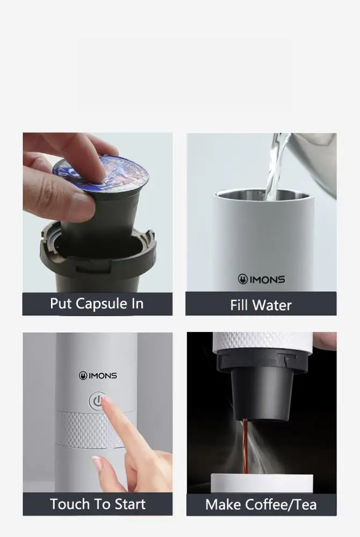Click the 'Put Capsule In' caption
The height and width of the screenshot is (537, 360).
click(97, 304)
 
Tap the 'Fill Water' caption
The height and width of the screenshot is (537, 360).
click(261, 305)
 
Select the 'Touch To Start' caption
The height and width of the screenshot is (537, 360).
click(97, 504)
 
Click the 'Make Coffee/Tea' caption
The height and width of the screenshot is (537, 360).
click(261, 505)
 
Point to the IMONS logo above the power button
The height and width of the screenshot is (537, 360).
click(98, 375)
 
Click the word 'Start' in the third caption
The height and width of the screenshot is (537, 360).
click(127, 504)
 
